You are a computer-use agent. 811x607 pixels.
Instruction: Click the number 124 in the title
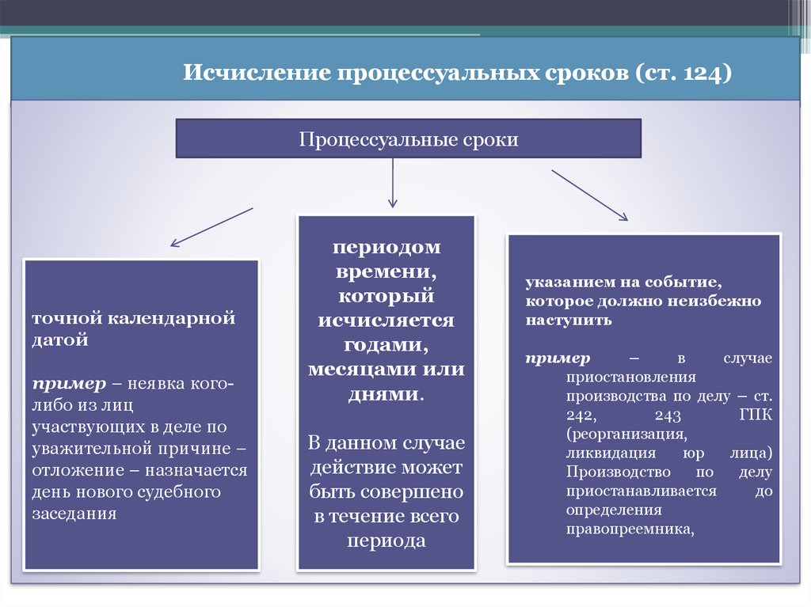coord(702,73)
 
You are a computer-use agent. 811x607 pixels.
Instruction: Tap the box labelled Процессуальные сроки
coord(409,138)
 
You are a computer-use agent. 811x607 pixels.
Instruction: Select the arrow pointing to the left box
coord(211,227)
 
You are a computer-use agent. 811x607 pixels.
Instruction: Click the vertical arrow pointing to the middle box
coord(393,183)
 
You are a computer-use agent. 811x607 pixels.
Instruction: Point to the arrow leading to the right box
coord(589,195)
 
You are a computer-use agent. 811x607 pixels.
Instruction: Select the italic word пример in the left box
coord(69,384)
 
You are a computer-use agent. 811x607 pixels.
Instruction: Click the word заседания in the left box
coord(74,514)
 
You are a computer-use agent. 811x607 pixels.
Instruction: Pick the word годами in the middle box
coord(386,345)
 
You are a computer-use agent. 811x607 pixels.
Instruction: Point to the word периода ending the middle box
coord(386,541)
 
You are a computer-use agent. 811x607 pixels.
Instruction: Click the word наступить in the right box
coord(569,321)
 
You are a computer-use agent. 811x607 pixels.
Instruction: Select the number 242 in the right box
coord(581,415)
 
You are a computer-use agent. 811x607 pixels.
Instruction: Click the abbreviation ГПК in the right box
coord(756,415)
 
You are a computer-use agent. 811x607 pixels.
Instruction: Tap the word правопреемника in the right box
coord(630,529)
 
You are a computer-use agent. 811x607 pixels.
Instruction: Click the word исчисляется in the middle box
coord(386,321)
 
